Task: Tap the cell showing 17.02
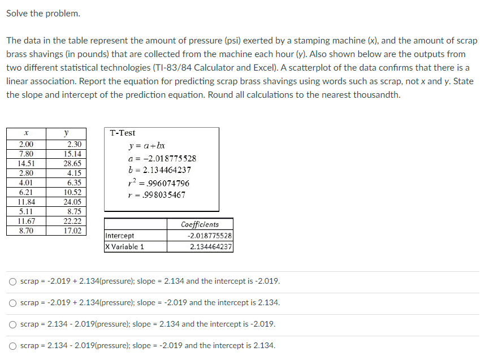72,231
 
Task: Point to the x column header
26,133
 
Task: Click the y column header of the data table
66,133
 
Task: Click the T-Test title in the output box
123,133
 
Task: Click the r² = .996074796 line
160,183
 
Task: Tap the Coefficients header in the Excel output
200,224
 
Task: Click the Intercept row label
120,236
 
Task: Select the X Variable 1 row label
125,246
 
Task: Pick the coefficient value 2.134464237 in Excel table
211,246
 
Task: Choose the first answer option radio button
12,281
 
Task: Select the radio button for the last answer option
12,346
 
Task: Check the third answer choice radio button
12,324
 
